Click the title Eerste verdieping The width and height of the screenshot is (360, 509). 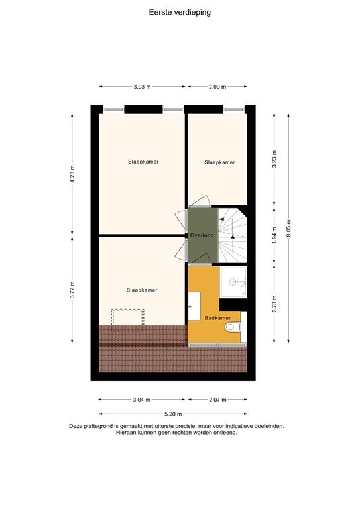tap(180, 11)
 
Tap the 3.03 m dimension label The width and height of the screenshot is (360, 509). tap(142, 87)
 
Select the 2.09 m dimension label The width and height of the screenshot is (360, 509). tap(217, 87)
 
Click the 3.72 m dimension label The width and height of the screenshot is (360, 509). tap(72, 290)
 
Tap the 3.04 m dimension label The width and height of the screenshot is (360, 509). tap(142, 400)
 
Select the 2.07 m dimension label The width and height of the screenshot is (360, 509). tap(217, 400)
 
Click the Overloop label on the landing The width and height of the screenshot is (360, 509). tap(202, 235)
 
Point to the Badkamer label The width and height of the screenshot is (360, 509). tap(216, 318)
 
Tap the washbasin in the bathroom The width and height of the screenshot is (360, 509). tap(194, 307)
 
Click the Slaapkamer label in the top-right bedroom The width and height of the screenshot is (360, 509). tap(219, 162)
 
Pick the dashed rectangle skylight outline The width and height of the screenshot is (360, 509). tap(128, 319)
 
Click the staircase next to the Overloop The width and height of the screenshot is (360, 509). tap(233, 235)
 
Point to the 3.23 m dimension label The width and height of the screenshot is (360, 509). tap(274, 160)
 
